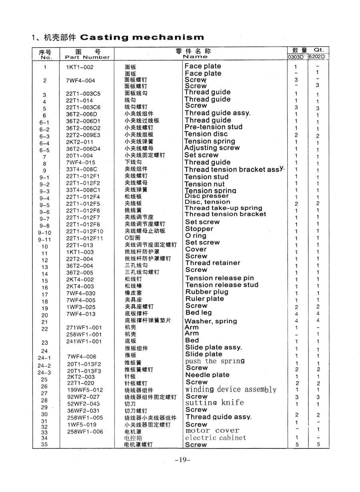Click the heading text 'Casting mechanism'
tap(142, 38)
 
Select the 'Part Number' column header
tap(87, 57)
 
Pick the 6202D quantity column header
tap(317, 57)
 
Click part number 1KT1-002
tap(80, 67)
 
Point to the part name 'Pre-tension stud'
tap(213, 127)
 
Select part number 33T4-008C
tap(82, 169)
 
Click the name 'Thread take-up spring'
tap(223, 208)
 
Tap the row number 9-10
tap(45, 232)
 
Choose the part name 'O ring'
tap(196, 236)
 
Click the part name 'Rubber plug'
tap(206, 292)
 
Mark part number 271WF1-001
tap(84, 328)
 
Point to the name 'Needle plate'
tap(207, 375)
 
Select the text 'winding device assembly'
tap(230, 390)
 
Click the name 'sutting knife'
tap(214, 403)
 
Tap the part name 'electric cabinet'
tap(216, 438)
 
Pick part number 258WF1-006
tap(85, 432)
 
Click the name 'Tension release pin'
tap(220, 278)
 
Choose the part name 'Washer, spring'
tap(210, 321)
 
